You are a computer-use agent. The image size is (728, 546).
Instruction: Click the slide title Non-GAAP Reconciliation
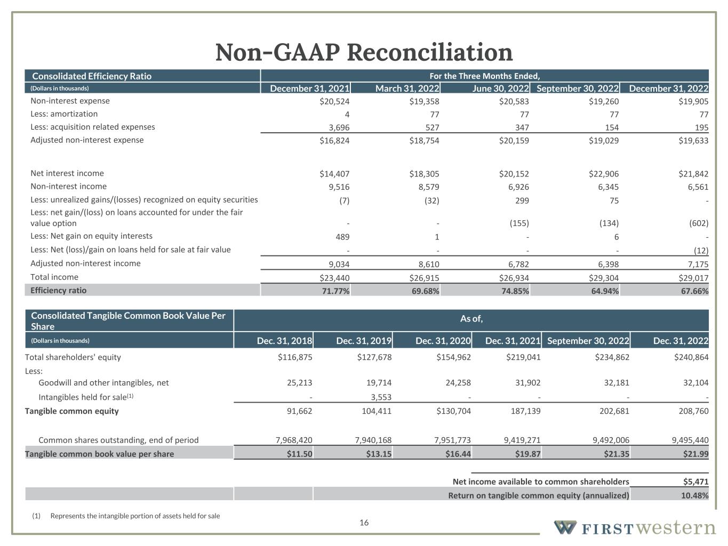coord(364,52)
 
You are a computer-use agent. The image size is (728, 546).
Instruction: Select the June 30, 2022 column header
coord(500,89)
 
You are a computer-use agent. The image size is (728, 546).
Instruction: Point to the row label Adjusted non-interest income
coord(85,263)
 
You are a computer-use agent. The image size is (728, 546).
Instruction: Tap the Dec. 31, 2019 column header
coord(364,341)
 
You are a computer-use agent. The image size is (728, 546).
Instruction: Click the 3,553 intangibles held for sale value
coord(381,397)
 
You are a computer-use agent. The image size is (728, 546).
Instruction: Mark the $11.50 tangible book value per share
coord(299,454)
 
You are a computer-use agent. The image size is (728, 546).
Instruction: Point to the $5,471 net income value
coord(695,482)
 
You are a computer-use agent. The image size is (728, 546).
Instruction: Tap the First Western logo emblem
coord(565,528)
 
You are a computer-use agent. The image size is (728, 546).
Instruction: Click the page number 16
coord(364,523)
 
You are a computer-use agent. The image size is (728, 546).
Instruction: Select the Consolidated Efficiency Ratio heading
coord(92,76)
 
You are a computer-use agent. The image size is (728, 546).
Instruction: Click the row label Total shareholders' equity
coord(73,357)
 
